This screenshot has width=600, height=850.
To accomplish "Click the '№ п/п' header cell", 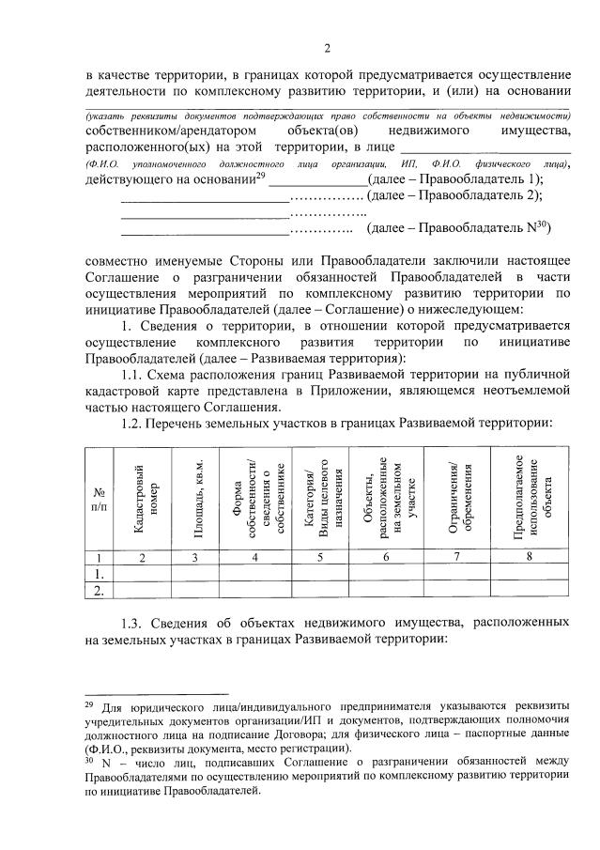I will (99, 499).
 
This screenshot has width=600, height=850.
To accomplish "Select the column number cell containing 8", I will (531, 557).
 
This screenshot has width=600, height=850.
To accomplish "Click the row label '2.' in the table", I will (95, 590).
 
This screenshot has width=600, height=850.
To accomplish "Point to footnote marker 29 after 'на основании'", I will (261, 176).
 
